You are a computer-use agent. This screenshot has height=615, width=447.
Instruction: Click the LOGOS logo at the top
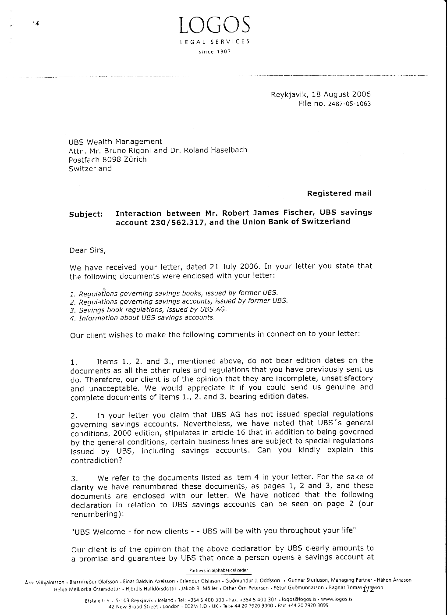(215, 25)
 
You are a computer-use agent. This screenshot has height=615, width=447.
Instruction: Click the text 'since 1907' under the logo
(215, 52)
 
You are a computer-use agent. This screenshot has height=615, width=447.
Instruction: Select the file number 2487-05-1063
(349, 104)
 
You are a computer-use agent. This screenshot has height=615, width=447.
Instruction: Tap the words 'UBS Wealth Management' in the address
(115, 142)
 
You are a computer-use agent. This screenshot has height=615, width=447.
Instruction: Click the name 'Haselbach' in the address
(228, 150)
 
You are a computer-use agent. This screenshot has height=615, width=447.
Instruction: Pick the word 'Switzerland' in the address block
(90, 169)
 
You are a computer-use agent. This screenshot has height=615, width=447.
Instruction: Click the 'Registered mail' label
(339, 193)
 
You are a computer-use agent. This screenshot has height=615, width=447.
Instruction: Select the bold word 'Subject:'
(86, 214)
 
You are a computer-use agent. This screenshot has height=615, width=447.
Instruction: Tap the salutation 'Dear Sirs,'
(88, 250)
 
